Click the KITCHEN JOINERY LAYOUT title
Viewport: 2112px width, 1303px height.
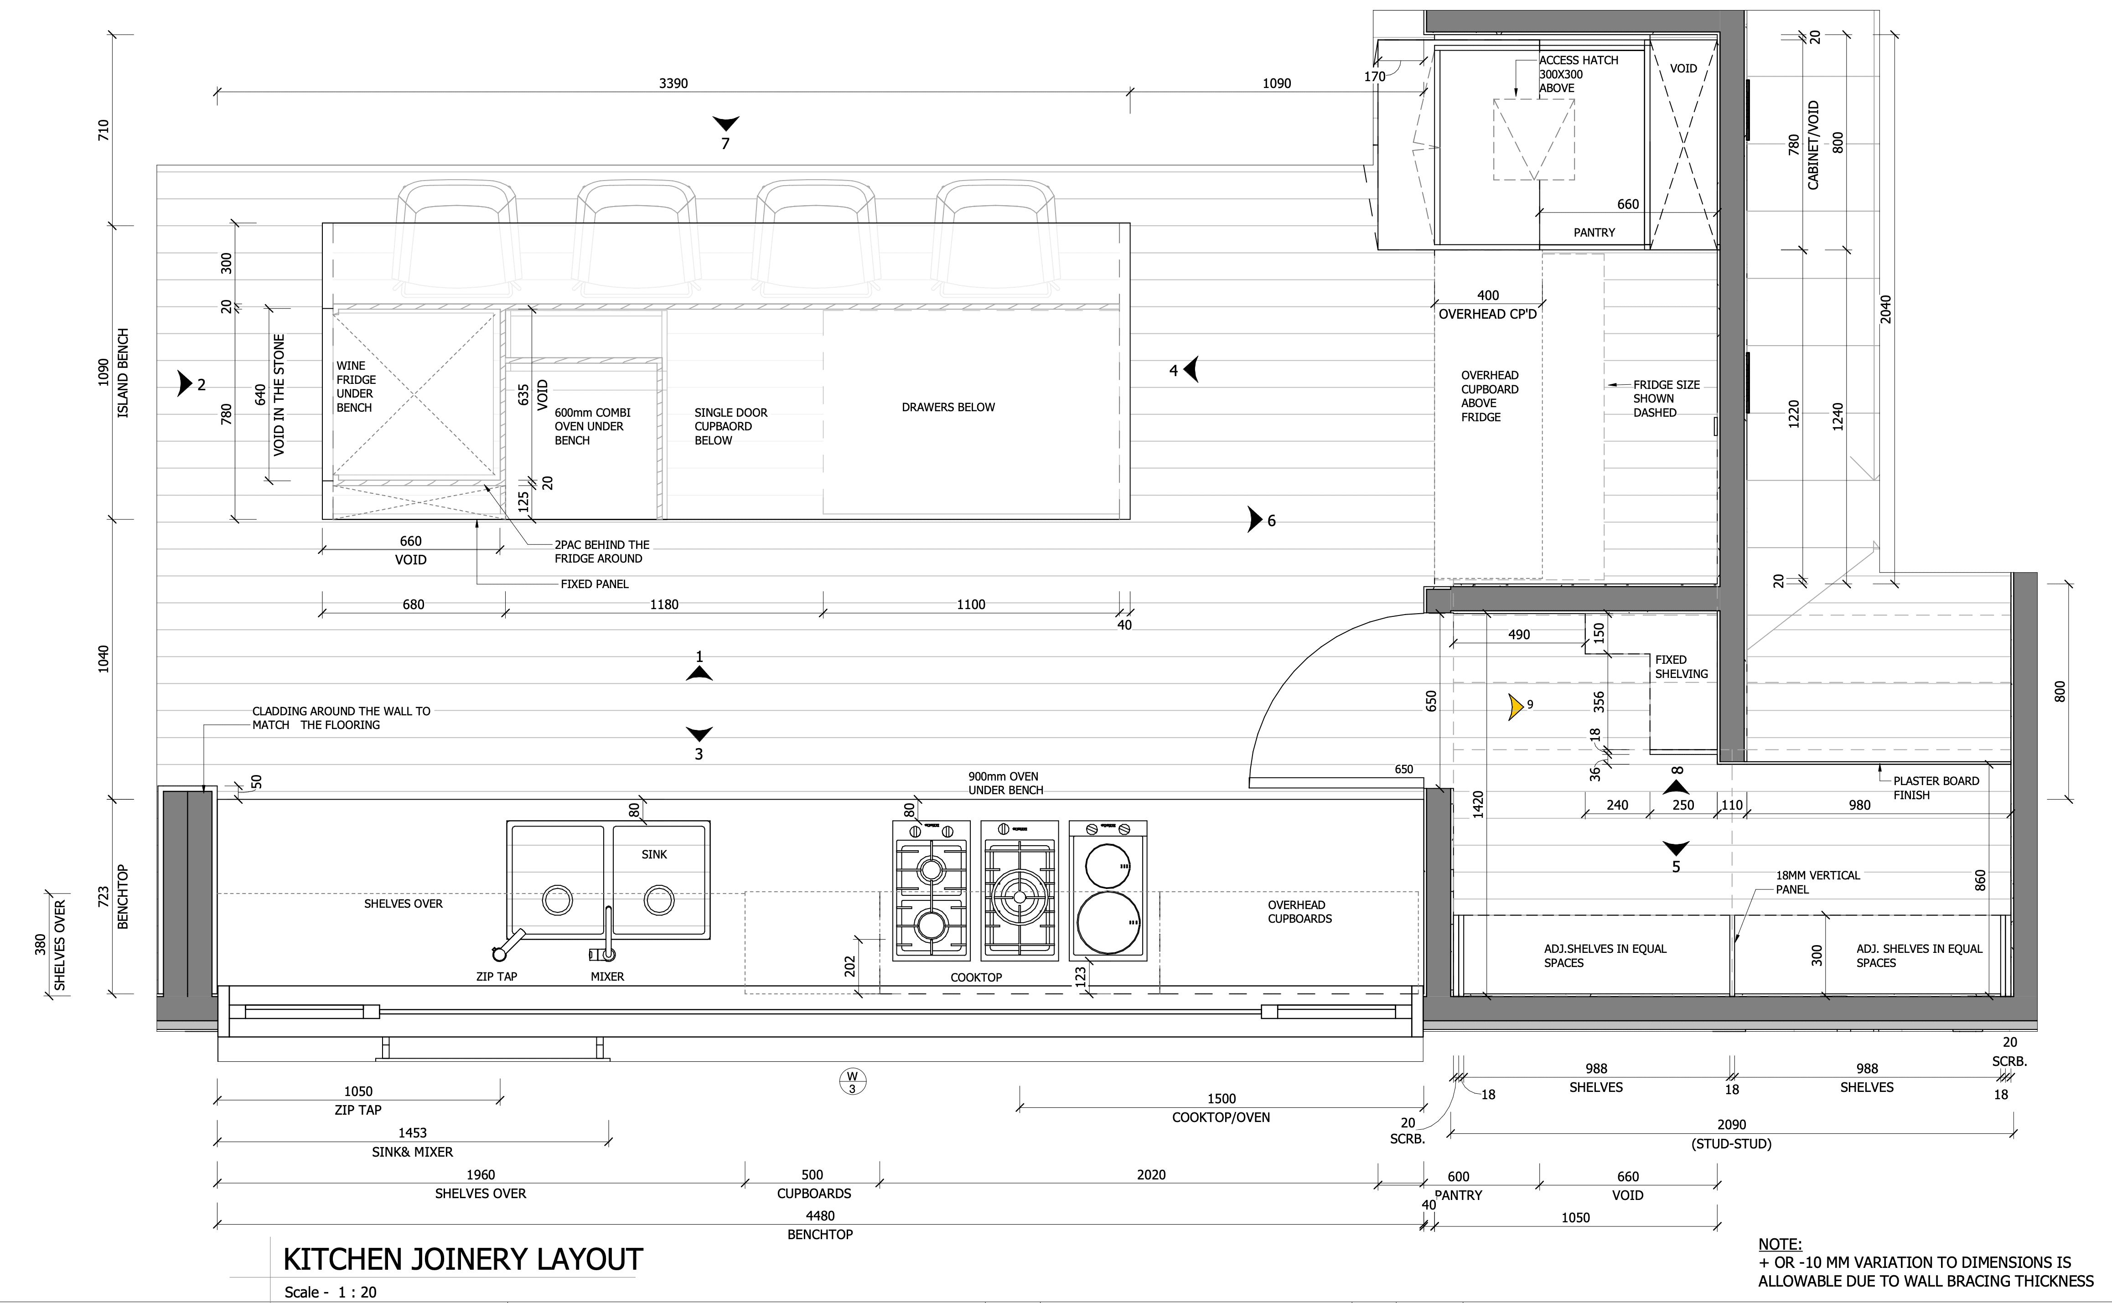pos(463,1259)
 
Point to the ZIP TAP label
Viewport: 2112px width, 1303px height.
pos(497,977)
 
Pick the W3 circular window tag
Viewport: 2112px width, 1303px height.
pos(852,1081)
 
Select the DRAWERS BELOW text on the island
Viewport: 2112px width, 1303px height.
pos(948,407)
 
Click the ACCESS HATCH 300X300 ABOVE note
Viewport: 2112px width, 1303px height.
pos(1579,74)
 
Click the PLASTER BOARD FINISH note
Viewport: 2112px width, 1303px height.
pos(1936,788)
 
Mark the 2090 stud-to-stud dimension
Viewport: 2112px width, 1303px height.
pos(1731,1125)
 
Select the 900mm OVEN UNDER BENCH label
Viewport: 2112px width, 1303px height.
pos(1005,782)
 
